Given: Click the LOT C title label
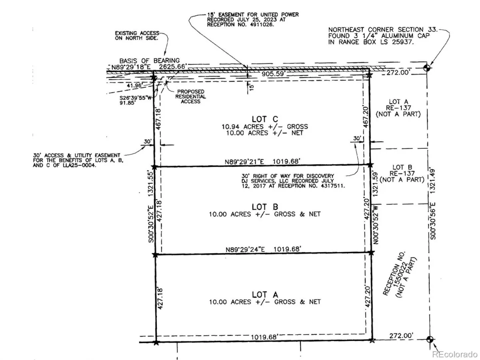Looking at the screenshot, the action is (265, 119).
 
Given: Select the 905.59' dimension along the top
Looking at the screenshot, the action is (273, 74).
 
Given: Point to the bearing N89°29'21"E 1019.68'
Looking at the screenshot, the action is (262, 162).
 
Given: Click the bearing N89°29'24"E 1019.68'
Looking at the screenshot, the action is (263, 249).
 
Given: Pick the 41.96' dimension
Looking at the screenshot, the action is (134, 85).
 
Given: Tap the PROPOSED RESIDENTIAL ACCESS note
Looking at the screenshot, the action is (190, 96).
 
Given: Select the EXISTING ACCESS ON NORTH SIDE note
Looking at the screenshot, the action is (137, 36).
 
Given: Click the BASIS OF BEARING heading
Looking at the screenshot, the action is (149, 60).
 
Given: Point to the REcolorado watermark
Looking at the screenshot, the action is (455, 354).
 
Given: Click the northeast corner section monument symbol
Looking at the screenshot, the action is (427, 68).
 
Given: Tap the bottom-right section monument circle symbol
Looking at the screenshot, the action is (430, 339).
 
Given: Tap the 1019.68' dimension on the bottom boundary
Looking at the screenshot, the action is (264, 337).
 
